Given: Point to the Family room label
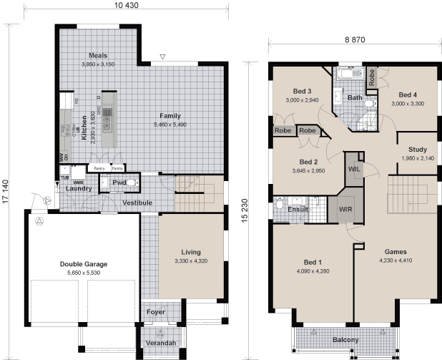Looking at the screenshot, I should pos(170,115).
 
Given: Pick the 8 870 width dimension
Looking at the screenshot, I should pos(353,41).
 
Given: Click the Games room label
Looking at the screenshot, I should pos(396,252).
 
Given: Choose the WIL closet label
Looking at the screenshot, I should pos(354,169).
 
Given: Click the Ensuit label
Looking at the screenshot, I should pos(298,210).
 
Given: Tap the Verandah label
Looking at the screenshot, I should pos(161,344).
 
